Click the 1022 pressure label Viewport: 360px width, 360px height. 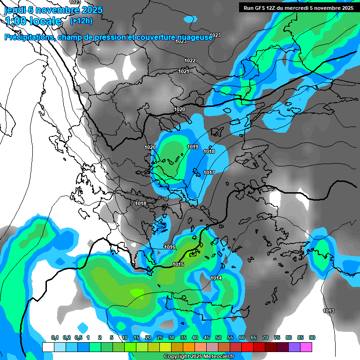click(190, 60)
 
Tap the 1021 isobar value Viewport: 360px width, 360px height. click(184, 71)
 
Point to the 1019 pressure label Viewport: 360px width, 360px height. click(193, 147)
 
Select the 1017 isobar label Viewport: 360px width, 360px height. click(209, 172)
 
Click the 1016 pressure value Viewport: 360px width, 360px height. click(170, 247)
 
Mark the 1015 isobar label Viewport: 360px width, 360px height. click(178, 265)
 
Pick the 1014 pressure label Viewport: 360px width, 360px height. click(216, 278)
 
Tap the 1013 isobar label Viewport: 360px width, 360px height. click(329, 311)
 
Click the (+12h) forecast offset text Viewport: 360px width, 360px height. click(81, 21)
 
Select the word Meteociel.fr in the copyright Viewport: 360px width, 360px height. click(219, 356)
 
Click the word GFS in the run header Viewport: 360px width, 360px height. click(262, 8)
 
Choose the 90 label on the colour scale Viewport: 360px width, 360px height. click(312, 337)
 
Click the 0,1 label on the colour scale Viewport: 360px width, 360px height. click(55, 337)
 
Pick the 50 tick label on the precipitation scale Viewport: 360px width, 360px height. click(218, 337)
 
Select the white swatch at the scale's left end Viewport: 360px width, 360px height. click(48, 347)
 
